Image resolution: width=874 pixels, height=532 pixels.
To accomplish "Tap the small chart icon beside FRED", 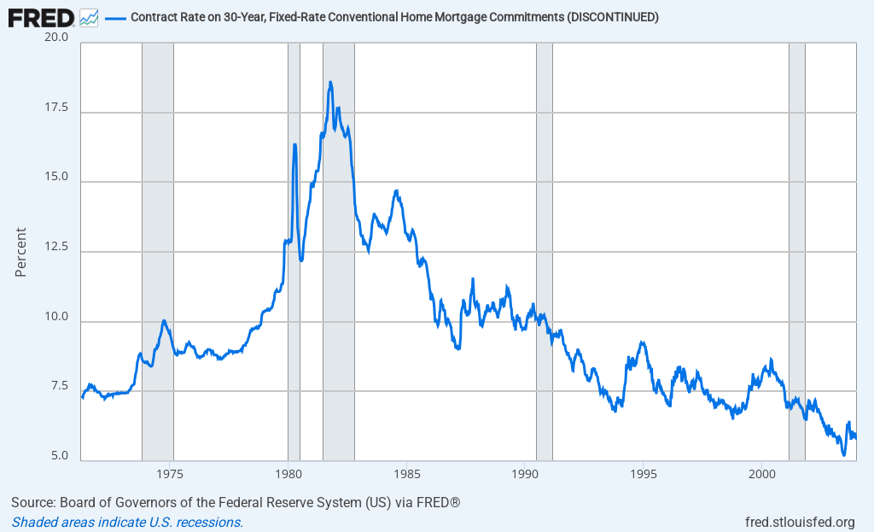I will [89, 17].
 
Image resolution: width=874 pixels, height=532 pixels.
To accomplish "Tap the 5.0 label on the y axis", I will [60, 456].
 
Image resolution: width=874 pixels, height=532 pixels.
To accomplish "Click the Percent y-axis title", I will [20, 252].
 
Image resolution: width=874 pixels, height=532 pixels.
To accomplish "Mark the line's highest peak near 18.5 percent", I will [330, 82].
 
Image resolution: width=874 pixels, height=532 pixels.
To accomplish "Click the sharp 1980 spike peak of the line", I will [294, 144].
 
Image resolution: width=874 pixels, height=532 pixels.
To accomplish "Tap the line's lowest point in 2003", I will [843, 455].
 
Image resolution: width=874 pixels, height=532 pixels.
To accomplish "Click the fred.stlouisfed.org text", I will [800, 522].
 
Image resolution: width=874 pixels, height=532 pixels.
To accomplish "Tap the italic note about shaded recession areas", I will [127, 522].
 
